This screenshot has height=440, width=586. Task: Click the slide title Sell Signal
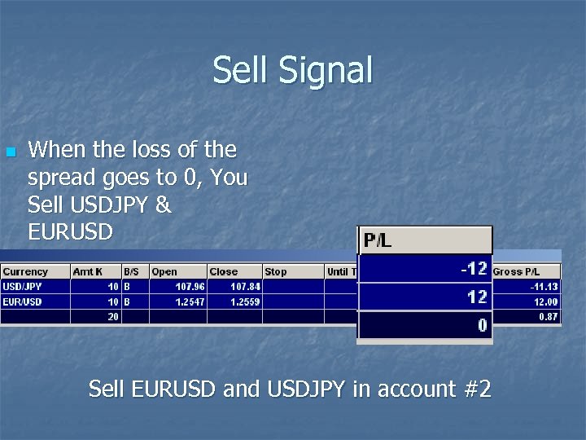point(292,70)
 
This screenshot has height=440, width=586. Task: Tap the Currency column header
point(25,271)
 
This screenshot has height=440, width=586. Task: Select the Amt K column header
point(88,271)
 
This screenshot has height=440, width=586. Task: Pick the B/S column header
point(131,271)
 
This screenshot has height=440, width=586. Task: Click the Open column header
point(164,271)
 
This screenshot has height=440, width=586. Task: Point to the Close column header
point(223,271)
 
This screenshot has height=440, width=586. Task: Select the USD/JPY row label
point(22,287)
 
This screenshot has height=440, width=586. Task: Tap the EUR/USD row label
point(22,301)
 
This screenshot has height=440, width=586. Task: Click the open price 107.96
point(190,287)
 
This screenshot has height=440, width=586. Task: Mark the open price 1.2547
point(190,301)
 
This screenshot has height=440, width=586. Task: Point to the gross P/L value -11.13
point(544,287)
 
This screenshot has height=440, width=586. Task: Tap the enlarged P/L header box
point(425,240)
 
